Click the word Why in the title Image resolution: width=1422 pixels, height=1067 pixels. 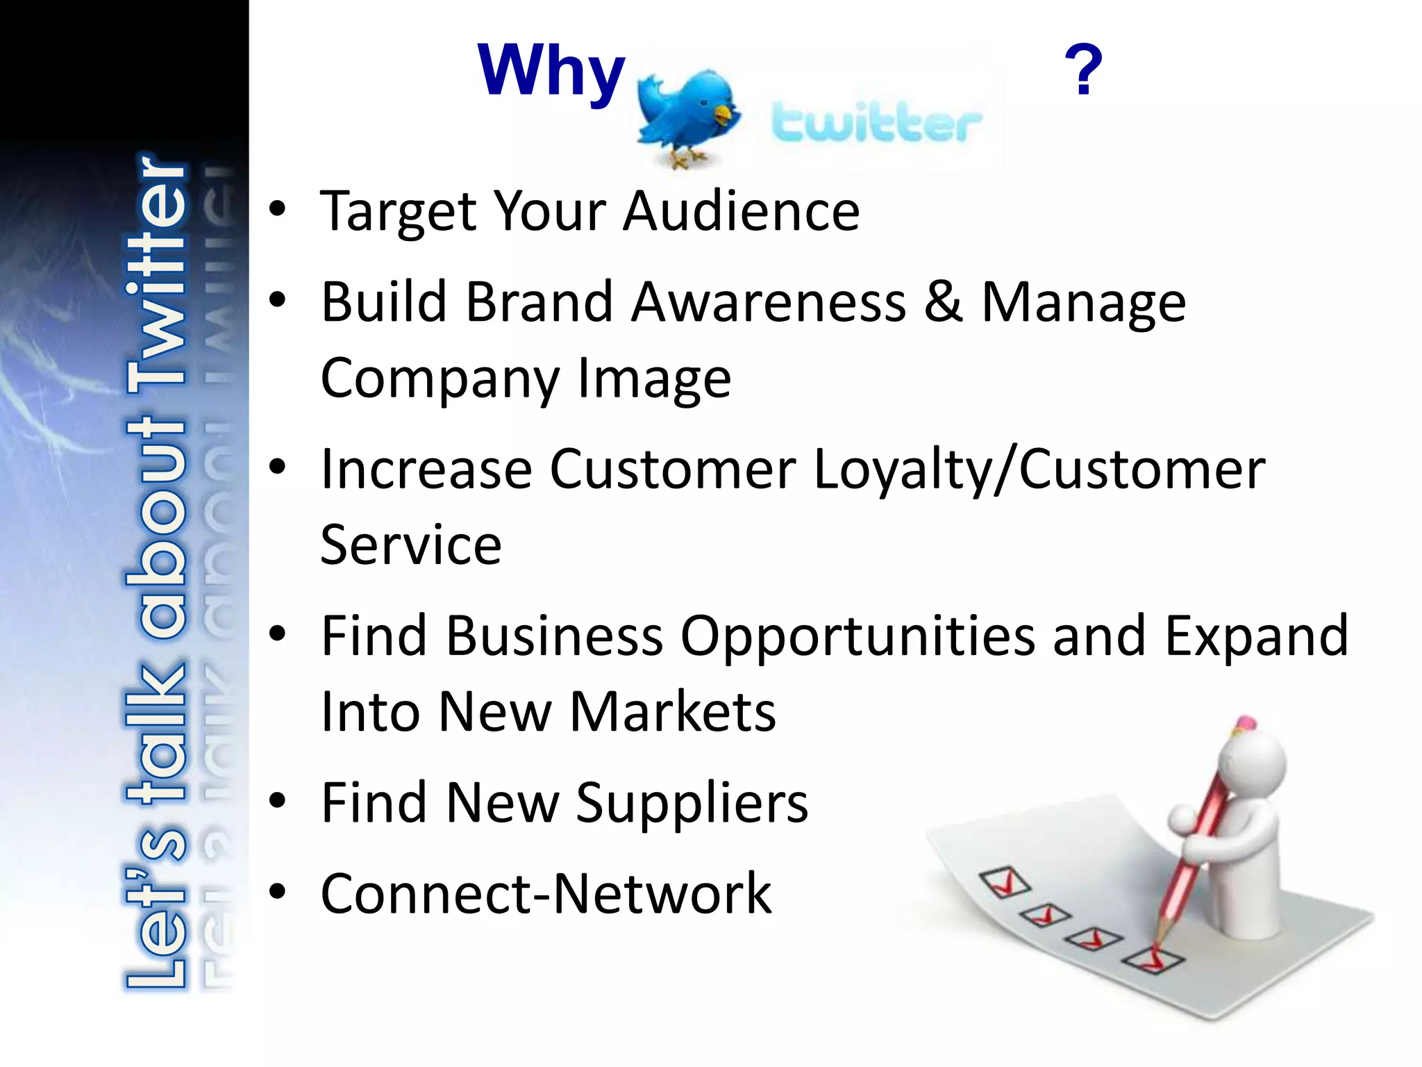click(x=551, y=72)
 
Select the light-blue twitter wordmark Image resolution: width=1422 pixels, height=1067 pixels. click(x=876, y=123)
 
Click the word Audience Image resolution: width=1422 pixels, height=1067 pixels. click(x=741, y=211)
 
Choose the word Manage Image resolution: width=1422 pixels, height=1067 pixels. click(x=1083, y=304)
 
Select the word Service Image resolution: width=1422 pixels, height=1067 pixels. click(x=411, y=545)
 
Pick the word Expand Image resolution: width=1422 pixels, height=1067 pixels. click(x=1255, y=636)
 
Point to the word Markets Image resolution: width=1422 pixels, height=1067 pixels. click(x=672, y=712)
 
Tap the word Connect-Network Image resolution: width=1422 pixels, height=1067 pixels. click(x=546, y=894)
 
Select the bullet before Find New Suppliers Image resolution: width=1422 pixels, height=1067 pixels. click(x=278, y=801)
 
